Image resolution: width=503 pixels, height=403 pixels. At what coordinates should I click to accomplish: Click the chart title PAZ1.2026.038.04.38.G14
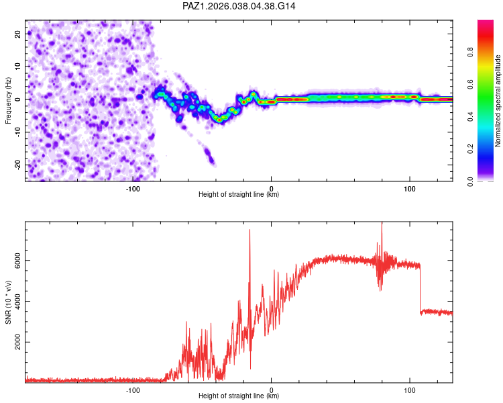coord(239,6)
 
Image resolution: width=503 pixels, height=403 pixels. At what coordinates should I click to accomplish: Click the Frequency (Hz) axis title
coord(8,100)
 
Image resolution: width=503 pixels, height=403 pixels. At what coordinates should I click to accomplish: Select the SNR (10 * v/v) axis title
coord(8,302)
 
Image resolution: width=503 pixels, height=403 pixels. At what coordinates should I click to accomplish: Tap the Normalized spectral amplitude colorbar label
coord(498,101)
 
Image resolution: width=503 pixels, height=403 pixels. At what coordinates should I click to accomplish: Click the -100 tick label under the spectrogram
coord(133,189)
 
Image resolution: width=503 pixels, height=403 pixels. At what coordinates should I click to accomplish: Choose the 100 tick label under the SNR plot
coord(410,390)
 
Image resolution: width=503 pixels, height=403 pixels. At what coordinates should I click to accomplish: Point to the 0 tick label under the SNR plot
coord(271,390)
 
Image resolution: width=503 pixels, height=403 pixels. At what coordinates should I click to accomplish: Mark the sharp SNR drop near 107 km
coord(420,289)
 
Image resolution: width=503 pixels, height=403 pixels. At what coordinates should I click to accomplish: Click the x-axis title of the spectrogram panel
coord(239,195)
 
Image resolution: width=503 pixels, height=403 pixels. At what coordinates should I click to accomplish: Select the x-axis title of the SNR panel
coord(239,396)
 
